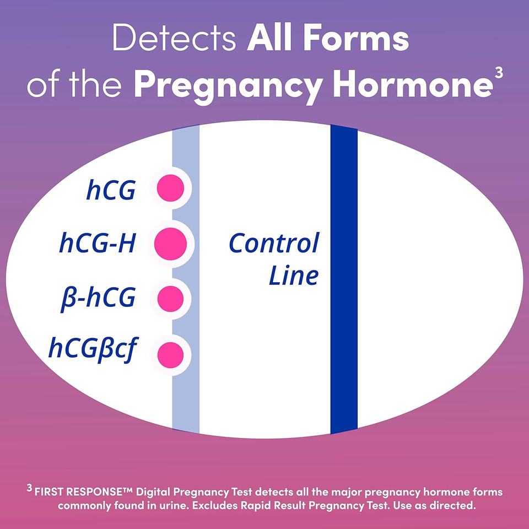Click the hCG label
[111, 190]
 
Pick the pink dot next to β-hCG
[170, 298]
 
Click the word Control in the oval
[274, 242]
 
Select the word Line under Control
[293, 276]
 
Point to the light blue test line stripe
[186, 397]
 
